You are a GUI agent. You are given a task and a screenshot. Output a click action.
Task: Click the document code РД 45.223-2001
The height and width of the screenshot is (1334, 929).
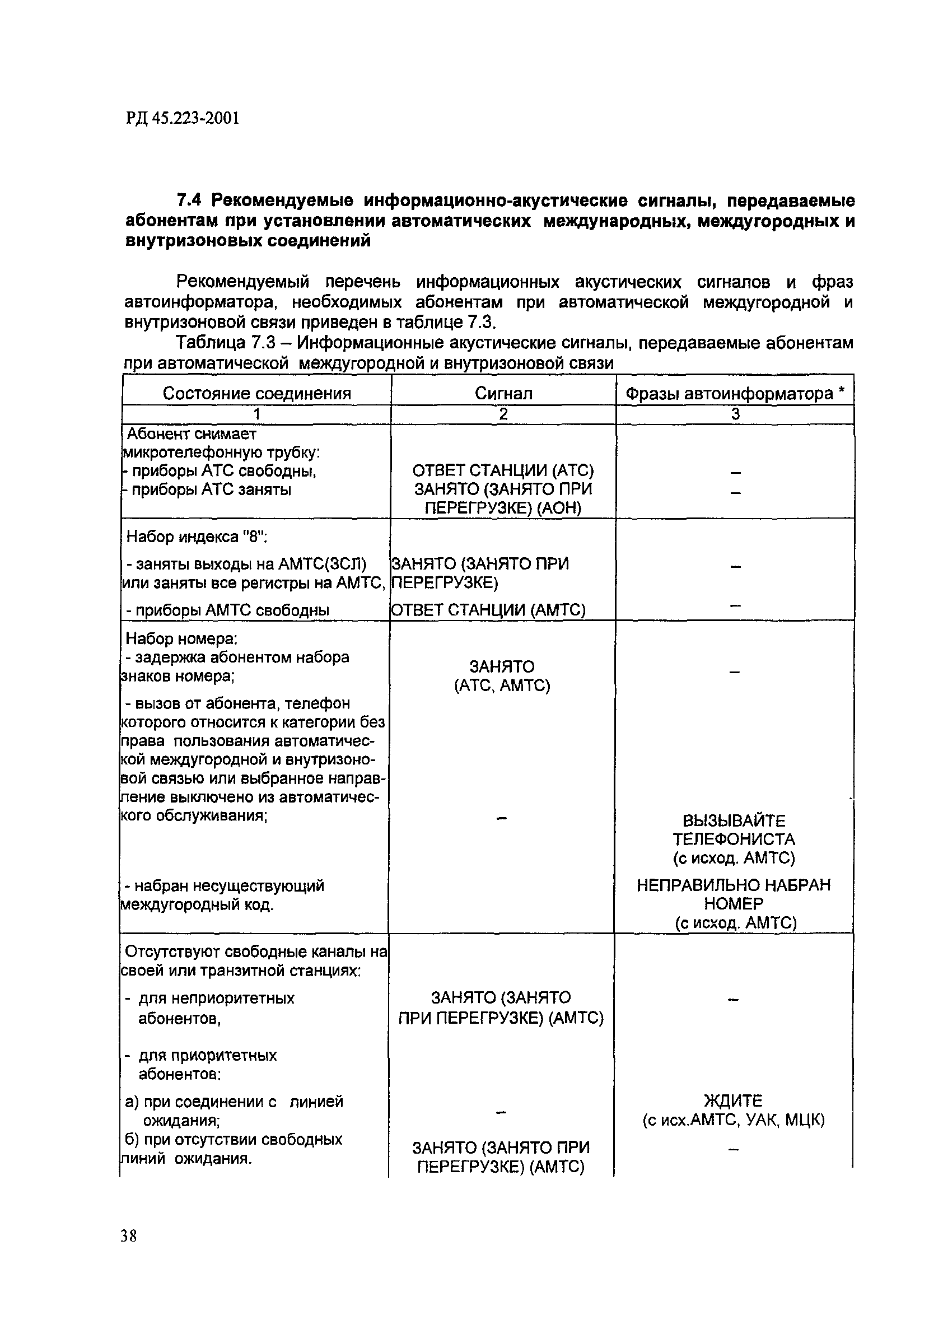182,119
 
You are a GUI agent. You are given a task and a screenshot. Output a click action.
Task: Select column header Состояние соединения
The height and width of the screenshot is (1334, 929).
256,393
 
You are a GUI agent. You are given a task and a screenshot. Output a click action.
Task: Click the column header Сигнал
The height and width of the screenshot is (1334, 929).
502,393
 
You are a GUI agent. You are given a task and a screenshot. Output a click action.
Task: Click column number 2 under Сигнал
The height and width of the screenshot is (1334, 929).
502,414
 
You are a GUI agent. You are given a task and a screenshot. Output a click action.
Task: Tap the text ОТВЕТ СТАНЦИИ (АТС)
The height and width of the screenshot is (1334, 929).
502,470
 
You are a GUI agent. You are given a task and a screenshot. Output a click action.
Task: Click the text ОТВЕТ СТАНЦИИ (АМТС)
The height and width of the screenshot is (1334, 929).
488,610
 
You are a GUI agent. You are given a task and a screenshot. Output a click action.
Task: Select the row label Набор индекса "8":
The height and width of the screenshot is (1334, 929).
197,537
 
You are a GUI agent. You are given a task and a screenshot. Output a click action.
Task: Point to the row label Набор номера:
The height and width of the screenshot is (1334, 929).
181,638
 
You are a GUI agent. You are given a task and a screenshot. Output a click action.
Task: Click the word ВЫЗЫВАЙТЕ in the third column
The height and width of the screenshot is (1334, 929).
733,821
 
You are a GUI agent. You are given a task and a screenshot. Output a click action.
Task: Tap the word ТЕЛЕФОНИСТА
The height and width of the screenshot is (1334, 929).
733,839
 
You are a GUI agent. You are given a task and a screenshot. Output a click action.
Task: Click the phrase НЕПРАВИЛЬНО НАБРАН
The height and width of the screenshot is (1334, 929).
733,885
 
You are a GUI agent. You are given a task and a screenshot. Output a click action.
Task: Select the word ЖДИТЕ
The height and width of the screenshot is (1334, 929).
733,1100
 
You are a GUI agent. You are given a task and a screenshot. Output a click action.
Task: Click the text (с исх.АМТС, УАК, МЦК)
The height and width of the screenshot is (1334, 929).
733,1120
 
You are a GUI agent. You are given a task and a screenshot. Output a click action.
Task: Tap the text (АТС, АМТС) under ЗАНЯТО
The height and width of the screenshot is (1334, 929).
501,685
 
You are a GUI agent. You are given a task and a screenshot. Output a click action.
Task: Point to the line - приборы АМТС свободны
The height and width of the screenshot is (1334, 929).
227,610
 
